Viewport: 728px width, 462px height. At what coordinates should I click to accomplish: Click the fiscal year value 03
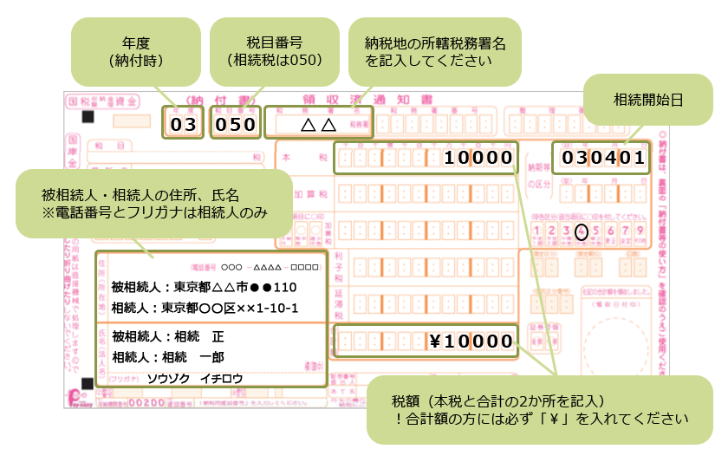[x=184, y=124]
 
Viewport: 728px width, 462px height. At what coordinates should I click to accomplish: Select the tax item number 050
[x=236, y=124]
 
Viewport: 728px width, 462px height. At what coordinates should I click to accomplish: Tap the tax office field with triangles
[x=317, y=124]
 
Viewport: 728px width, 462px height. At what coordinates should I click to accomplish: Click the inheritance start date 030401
[x=603, y=158]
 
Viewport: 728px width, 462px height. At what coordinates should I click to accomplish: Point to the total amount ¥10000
[x=471, y=341]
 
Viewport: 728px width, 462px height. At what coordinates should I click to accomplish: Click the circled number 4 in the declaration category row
[x=582, y=231]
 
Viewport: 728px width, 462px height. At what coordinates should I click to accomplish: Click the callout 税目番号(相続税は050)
[x=273, y=51]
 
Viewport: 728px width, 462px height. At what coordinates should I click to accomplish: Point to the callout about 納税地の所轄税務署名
[x=434, y=51]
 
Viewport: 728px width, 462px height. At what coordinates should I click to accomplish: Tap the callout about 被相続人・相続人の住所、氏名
[x=153, y=202]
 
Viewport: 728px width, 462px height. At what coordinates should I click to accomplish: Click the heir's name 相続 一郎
[x=174, y=357]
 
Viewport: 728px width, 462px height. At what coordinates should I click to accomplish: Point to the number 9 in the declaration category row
[x=640, y=231]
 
